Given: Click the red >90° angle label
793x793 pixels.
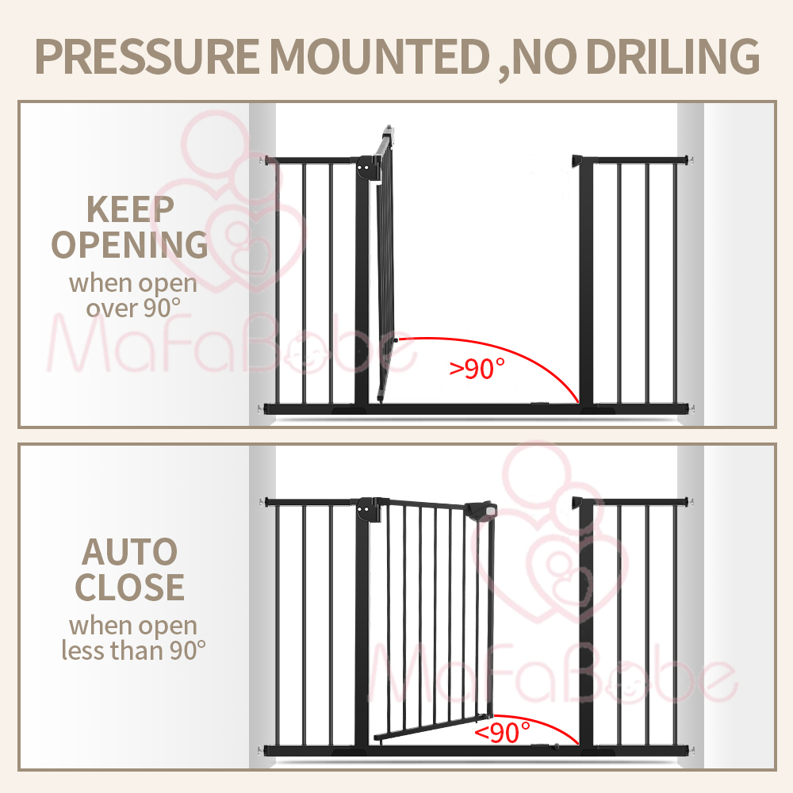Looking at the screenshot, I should coord(477,368).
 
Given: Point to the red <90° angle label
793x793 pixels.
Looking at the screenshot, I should coord(503,732).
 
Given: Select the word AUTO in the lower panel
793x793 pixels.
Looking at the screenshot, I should coord(130,551).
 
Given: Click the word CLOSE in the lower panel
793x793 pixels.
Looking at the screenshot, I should coord(130,588).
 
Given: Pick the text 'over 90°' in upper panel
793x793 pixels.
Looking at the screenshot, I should coord(130,307).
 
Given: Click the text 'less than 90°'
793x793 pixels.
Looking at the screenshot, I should coord(133,650).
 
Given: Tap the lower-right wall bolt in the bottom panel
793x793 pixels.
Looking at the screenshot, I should coord(691,749).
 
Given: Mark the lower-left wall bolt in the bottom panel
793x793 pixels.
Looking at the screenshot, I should coord(260,749).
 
